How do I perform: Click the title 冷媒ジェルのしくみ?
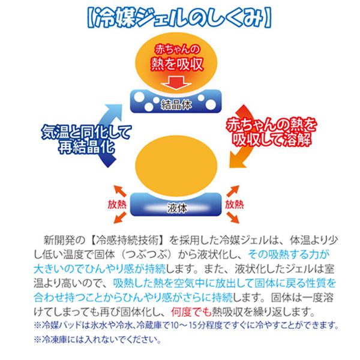(x=179, y=18)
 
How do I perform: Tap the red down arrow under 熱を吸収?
(x=176, y=83)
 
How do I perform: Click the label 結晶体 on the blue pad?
(x=176, y=105)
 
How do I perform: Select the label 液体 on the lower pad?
(x=176, y=208)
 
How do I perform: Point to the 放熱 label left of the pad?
(x=117, y=204)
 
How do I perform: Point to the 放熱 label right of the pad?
(x=234, y=204)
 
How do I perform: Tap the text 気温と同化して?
(x=86, y=132)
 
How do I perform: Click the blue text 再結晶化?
(x=86, y=146)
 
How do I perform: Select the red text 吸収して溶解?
(x=271, y=139)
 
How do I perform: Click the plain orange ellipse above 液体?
(x=176, y=166)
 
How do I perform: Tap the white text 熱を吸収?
(x=177, y=64)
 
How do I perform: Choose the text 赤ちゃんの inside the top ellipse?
(x=177, y=49)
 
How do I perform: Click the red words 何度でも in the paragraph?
(x=191, y=312)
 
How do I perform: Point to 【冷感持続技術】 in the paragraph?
(x=127, y=240)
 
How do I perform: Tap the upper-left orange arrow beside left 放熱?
(x=120, y=191)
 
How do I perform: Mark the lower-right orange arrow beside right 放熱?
(x=233, y=218)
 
